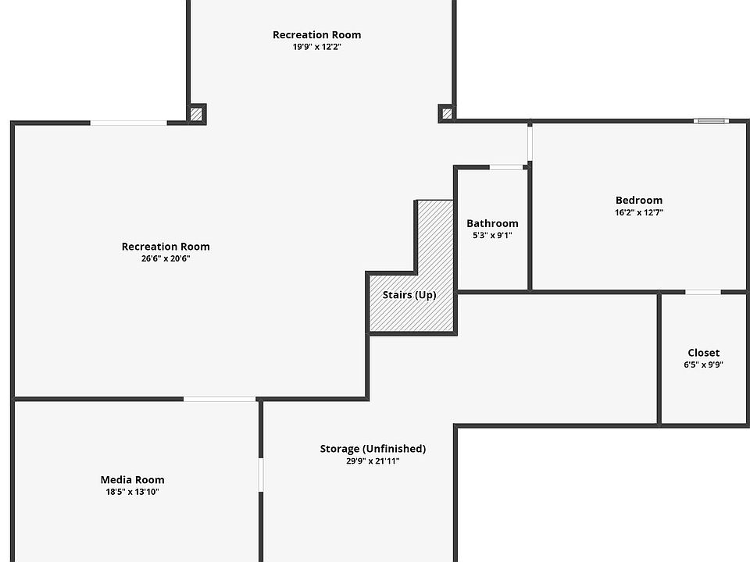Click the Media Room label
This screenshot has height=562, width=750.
pyautogui.click(x=132, y=480)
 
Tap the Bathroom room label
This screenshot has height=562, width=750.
pyautogui.click(x=492, y=223)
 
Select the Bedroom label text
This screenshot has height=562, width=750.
pyautogui.click(x=638, y=200)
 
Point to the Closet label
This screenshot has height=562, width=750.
pyautogui.click(x=703, y=353)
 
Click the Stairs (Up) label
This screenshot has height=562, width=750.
pyautogui.click(x=409, y=295)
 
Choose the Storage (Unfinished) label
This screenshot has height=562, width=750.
pyautogui.click(x=373, y=449)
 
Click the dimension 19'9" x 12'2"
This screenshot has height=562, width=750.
pyautogui.click(x=316, y=47)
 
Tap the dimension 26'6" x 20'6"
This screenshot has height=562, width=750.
pyautogui.click(x=166, y=258)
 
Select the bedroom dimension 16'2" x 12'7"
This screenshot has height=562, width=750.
pyautogui.click(x=638, y=212)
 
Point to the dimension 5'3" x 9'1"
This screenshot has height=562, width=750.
pyautogui.click(x=492, y=235)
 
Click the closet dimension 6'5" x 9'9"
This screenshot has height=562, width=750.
pyautogui.click(x=703, y=365)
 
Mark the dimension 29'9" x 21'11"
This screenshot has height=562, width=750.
pyautogui.click(x=373, y=461)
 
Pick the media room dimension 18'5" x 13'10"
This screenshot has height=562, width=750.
pyautogui.click(x=132, y=492)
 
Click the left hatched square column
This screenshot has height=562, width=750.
pyautogui.click(x=197, y=114)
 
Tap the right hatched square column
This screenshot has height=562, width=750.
pyautogui.click(x=447, y=114)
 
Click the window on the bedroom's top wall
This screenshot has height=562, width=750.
pyautogui.click(x=711, y=121)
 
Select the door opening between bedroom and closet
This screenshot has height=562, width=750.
pyautogui.click(x=703, y=292)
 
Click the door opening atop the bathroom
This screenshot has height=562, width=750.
pyautogui.click(x=506, y=167)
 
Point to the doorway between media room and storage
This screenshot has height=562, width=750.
pyautogui.click(x=261, y=475)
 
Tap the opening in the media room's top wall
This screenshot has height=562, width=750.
pyautogui.click(x=220, y=400)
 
